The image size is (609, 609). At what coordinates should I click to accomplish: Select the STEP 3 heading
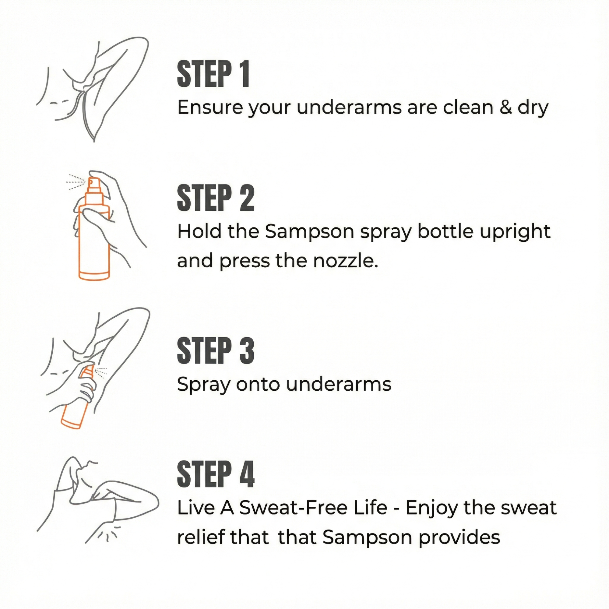215,350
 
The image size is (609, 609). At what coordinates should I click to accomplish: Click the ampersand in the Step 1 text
505,107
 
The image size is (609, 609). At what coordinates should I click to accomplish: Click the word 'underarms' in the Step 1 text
349,107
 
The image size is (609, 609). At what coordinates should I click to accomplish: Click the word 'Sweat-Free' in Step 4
313,508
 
